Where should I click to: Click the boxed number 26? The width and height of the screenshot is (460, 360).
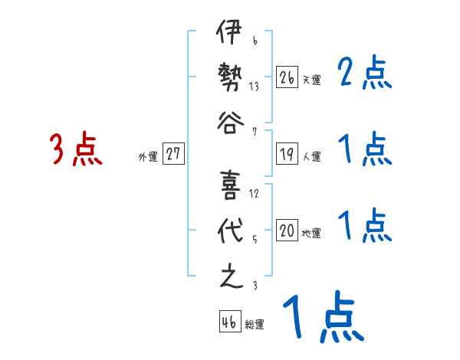(x=287, y=77)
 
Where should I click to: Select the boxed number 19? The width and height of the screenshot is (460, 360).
(x=287, y=154)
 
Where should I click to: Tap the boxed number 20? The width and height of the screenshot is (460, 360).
(x=287, y=231)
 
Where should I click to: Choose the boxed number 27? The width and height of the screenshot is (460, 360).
(x=173, y=154)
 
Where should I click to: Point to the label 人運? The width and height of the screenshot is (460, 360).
(x=311, y=156)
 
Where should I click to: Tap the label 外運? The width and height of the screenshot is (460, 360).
(x=148, y=156)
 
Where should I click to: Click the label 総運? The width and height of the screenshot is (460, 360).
(x=255, y=325)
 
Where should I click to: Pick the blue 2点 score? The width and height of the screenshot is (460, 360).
(x=365, y=74)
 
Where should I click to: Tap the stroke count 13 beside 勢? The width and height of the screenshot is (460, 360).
(x=254, y=87)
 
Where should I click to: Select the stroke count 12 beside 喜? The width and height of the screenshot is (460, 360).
(x=254, y=193)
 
